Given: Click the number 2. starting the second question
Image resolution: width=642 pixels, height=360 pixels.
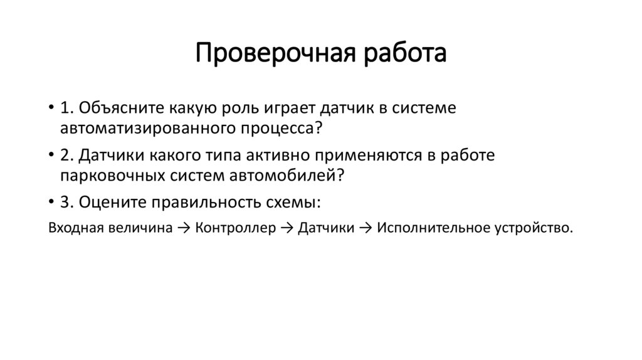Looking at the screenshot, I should tap(68, 155).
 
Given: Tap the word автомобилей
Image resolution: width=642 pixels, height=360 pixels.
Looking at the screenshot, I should tap(293, 175).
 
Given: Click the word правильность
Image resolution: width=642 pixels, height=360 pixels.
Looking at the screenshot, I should tap(216, 203).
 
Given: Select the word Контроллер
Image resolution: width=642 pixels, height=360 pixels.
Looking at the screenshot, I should tap(236, 228).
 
